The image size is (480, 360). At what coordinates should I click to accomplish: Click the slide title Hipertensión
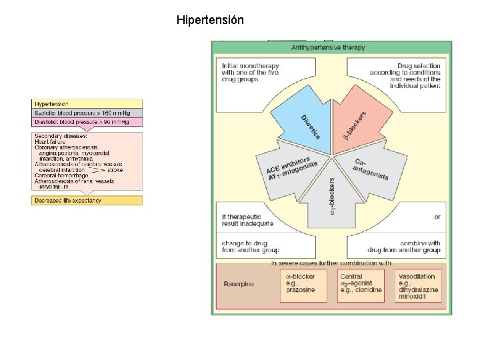click(x=210, y=20)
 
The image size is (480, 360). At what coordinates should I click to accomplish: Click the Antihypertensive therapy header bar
click(x=331, y=47)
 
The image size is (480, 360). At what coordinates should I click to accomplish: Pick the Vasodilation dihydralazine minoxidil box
click(x=419, y=286)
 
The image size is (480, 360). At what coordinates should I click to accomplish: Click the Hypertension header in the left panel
click(x=87, y=105)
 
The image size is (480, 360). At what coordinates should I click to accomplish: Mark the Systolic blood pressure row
click(x=87, y=113)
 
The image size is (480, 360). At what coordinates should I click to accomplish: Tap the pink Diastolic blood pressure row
click(x=87, y=122)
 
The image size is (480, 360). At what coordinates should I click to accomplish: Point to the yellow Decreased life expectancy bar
click(x=87, y=201)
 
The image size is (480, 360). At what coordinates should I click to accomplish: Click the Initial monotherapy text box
click(x=250, y=73)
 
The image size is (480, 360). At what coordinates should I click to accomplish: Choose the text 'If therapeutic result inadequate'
click(x=247, y=221)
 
